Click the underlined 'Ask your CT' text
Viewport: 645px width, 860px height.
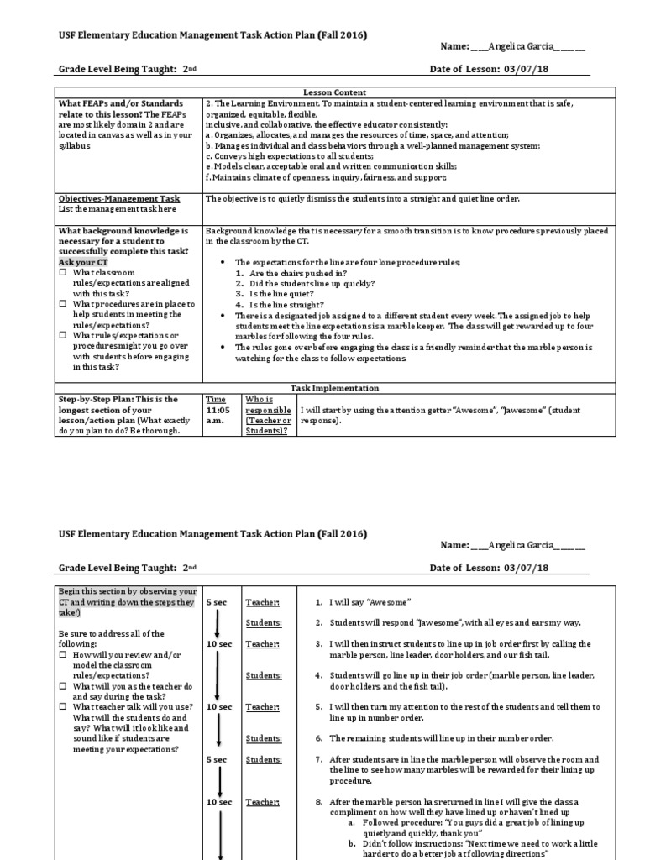pyautogui.click(x=83, y=262)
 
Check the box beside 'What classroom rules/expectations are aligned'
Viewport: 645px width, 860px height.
pyautogui.click(x=63, y=273)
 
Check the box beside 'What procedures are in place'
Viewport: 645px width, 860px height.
pyautogui.click(x=63, y=304)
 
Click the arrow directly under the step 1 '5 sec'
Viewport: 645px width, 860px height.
pyautogui.click(x=218, y=623)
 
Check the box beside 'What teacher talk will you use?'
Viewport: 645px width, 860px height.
pyautogui.click(x=63, y=706)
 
